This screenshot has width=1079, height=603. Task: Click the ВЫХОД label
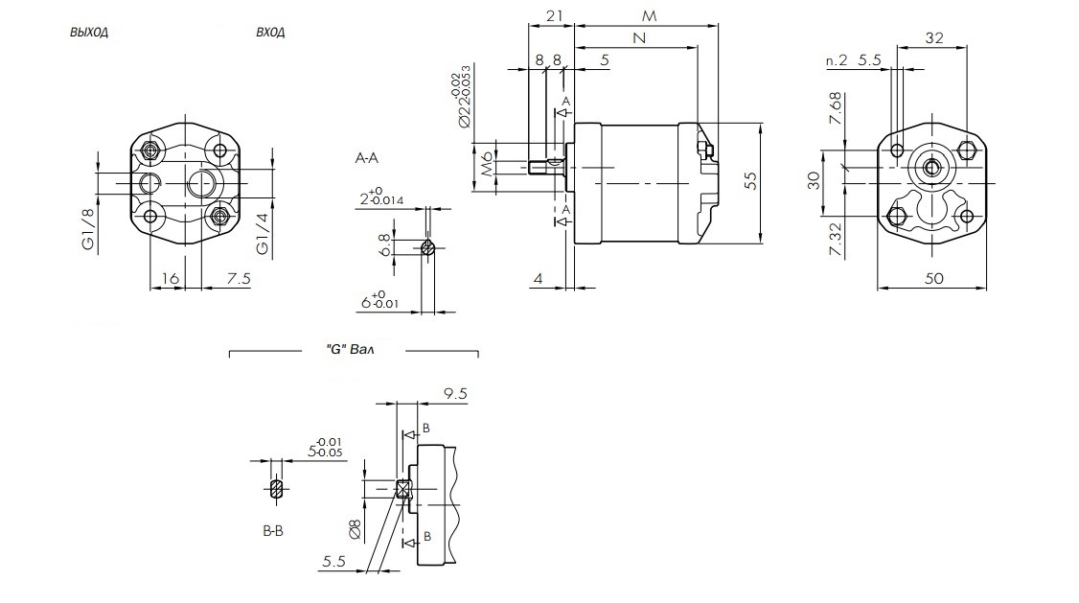(x=88, y=32)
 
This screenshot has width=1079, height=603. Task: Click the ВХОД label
(x=270, y=32)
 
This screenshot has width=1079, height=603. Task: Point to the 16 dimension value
(x=171, y=278)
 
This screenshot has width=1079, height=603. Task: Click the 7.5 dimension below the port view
(x=240, y=278)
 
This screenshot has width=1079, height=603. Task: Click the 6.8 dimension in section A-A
(x=384, y=244)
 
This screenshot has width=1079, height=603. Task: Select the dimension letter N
(x=638, y=37)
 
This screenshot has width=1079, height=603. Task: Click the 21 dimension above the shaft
(x=553, y=16)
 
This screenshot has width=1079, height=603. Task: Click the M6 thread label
(x=487, y=164)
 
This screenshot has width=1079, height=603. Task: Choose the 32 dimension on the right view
(x=935, y=37)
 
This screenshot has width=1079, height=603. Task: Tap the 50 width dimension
(x=934, y=278)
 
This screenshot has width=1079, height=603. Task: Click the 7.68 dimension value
(x=836, y=108)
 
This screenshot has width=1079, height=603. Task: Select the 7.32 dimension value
(x=836, y=238)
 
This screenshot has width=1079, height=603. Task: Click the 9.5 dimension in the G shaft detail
(x=455, y=393)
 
